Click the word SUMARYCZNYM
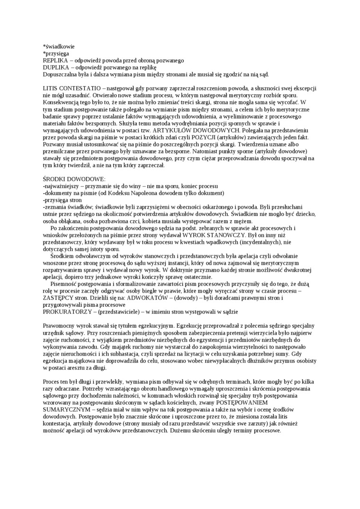coord(65,407)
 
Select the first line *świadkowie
coord(59,47)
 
